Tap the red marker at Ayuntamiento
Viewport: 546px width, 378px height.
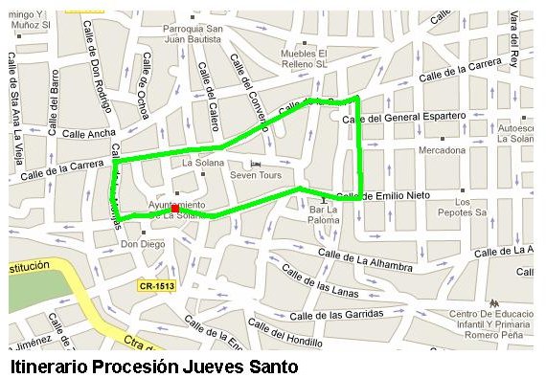(174, 208)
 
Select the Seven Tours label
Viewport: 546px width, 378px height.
(253, 175)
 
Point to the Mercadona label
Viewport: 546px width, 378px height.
(443, 150)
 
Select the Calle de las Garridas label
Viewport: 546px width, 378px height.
(335, 314)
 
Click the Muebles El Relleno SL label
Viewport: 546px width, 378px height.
(303, 58)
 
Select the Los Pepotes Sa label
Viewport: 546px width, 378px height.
(464, 209)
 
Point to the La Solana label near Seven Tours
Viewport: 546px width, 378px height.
(202, 163)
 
